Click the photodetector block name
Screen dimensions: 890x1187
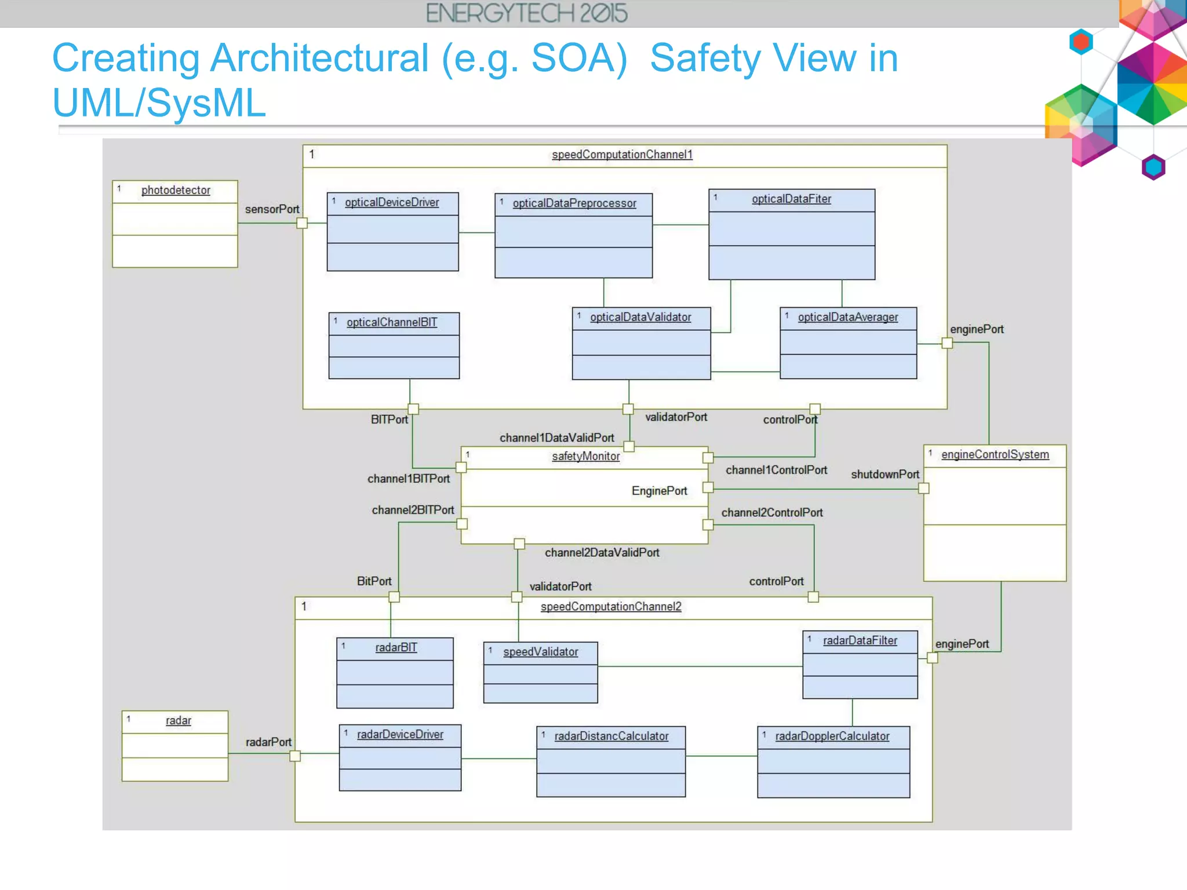(x=176, y=190)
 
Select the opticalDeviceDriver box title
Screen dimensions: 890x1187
(x=392, y=202)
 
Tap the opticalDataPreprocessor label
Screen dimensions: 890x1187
(x=574, y=203)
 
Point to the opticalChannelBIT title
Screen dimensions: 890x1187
(x=392, y=322)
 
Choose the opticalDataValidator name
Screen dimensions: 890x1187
(x=640, y=317)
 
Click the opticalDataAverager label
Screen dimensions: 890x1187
(x=848, y=317)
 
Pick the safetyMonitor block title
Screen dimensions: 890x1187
(x=586, y=456)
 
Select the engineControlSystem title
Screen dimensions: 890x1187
(x=995, y=454)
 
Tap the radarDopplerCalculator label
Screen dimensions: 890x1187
(x=832, y=736)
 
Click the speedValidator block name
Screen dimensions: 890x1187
(x=541, y=652)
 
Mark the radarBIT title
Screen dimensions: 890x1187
(x=396, y=647)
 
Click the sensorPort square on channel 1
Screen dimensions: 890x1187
(x=302, y=223)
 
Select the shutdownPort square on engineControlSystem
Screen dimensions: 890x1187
(x=924, y=488)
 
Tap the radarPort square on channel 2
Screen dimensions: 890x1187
(x=295, y=756)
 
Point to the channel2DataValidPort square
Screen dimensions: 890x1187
(x=519, y=544)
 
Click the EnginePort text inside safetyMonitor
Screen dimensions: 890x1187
(x=659, y=491)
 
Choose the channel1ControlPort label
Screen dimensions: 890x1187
(x=776, y=470)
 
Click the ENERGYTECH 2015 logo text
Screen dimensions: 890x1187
(x=526, y=13)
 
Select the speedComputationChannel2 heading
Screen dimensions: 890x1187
(x=611, y=607)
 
